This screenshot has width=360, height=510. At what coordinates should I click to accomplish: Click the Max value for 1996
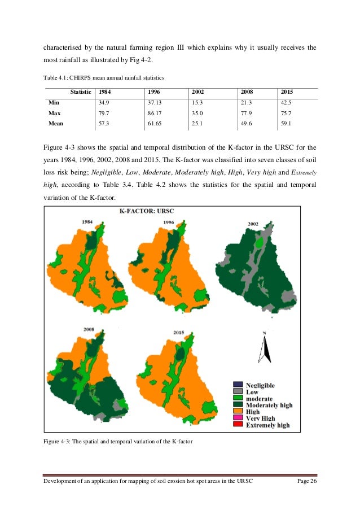[155, 112]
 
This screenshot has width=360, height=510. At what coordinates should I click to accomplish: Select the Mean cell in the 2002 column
[197, 122]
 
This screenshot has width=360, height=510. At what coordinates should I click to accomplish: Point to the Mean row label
[56, 122]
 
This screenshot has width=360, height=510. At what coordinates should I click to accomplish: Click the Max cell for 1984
[104, 112]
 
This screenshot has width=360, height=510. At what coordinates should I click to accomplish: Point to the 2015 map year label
[179, 332]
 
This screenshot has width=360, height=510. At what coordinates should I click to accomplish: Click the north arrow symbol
[264, 349]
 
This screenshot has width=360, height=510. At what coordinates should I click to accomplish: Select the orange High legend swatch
[237, 412]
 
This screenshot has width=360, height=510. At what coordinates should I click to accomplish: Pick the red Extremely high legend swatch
[237, 425]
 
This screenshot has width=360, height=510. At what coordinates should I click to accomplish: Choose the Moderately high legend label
[269, 405]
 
